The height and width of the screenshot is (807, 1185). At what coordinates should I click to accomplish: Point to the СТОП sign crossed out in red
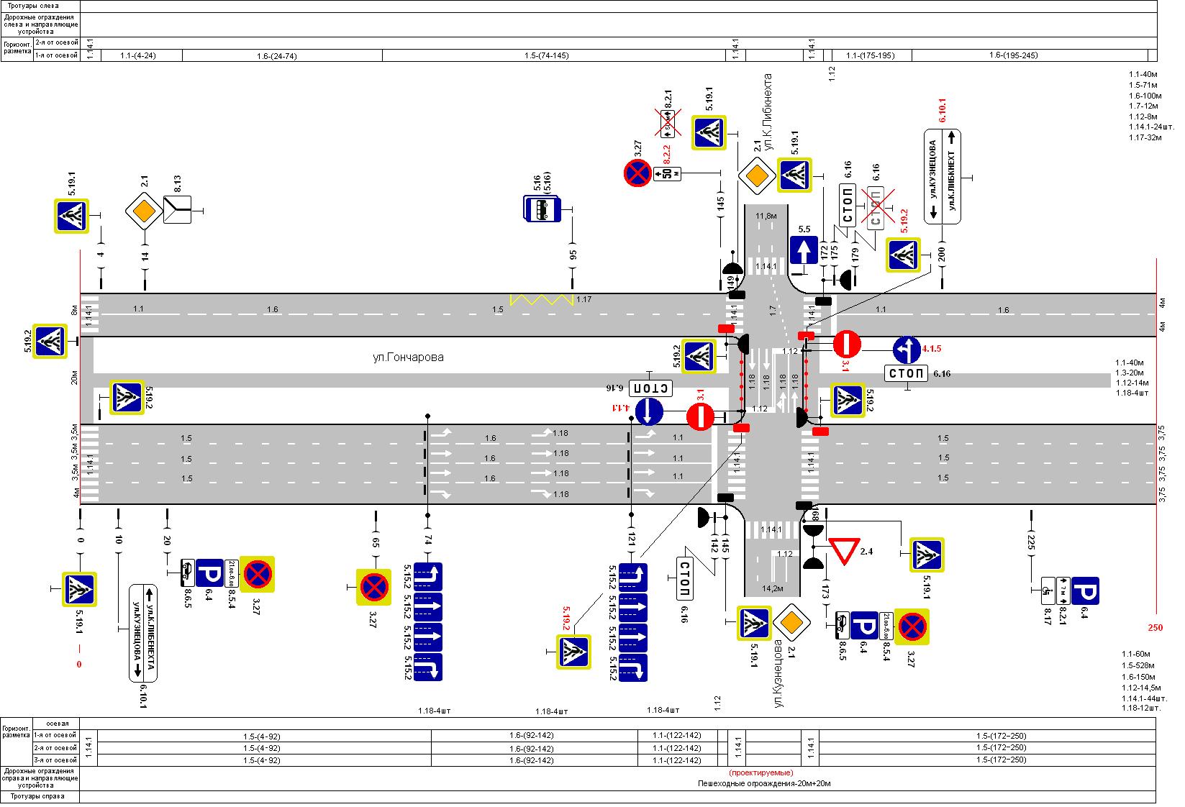pyautogui.click(x=875, y=208)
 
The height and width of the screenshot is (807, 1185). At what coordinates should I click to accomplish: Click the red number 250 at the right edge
pyautogui.click(x=1155, y=627)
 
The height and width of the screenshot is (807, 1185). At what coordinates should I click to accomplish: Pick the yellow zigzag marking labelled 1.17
pyautogui.click(x=541, y=300)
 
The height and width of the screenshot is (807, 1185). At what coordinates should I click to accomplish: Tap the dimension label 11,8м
pyautogui.click(x=766, y=215)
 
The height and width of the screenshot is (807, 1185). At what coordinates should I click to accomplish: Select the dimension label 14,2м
pyautogui.click(x=772, y=588)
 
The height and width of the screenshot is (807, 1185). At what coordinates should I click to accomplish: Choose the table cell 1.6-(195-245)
pyautogui.click(x=1013, y=55)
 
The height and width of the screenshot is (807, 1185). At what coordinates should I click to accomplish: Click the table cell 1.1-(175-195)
pyautogui.click(x=870, y=55)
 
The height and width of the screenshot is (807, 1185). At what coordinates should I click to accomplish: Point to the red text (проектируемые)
pyautogui.click(x=761, y=772)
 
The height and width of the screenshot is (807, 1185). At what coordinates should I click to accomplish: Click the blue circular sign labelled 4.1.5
pyautogui.click(x=907, y=350)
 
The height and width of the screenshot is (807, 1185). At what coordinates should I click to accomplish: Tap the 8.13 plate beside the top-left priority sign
pyautogui.click(x=176, y=209)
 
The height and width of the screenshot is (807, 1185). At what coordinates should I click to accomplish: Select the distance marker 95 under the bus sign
pyautogui.click(x=573, y=255)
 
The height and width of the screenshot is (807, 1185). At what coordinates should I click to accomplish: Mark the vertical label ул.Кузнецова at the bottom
pyautogui.click(x=778, y=672)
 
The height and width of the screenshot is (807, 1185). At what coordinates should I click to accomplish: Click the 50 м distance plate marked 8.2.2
pyautogui.click(x=667, y=173)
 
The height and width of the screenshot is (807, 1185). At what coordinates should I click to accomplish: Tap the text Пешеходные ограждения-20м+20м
pyautogui.click(x=763, y=783)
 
